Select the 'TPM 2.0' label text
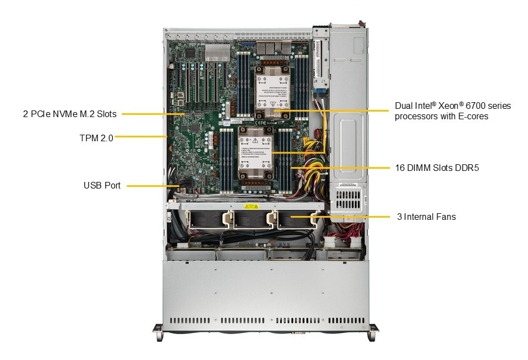[96, 139]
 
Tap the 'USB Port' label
[102, 186]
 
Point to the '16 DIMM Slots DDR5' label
[437, 168]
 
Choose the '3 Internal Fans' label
[426, 217]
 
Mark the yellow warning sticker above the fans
[251, 207]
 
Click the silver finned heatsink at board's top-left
[217, 53]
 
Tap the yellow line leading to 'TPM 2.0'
[140, 136]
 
